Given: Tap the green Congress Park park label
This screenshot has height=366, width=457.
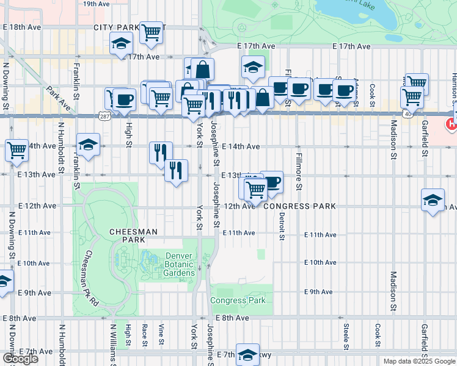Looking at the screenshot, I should pyautogui.click(x=238, y=301).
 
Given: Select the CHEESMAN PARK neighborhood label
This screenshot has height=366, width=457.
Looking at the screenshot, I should pyautogui.click(x=134, y=236).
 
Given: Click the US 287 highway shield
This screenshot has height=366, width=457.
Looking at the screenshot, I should pyautogui.click(x=105, y=115).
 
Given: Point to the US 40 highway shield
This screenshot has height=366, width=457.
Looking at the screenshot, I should pyautogui.click(x=407, y=114).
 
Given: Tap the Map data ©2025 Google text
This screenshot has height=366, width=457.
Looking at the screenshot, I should pyautogui.click(x=419, y=361).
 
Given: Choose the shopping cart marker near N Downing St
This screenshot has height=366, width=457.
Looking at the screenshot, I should pyautogui.click(x=16, y=149).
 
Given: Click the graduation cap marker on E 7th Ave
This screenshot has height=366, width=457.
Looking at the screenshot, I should pyautogui.click(x=248, y=354).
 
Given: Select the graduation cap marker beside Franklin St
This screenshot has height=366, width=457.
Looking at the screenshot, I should pyautogui.click(x=89, y=145).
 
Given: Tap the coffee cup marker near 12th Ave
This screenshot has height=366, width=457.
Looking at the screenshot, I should pyautogui.click(x=272, y=181).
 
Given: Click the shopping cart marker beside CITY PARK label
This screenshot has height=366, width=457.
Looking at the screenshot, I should pyautogui.click(x=151, y=33).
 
